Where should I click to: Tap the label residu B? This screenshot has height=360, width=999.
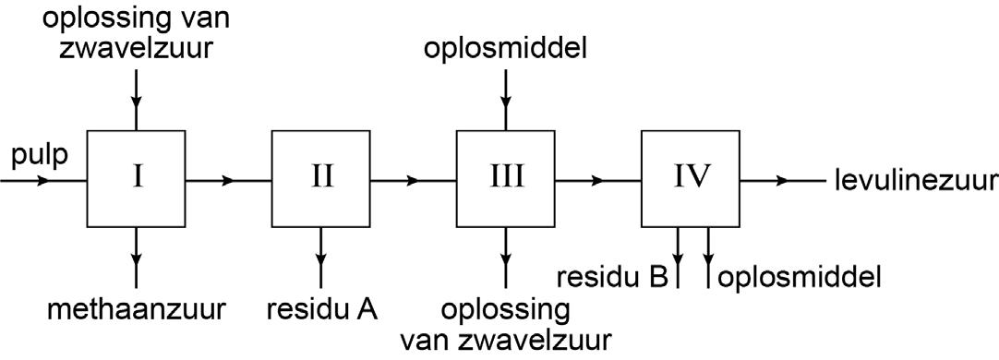click(x=612, y=277)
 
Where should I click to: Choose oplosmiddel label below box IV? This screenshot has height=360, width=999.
click(x=799, y=277)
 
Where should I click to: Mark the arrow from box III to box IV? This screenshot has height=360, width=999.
click(x=597, y=180)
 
